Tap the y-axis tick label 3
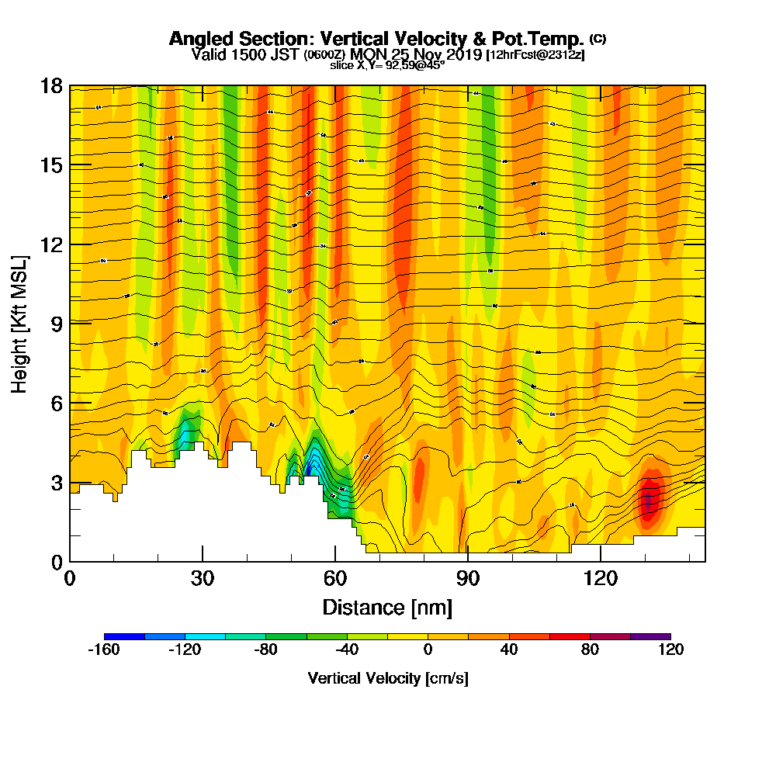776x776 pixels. click(x=57, y=482)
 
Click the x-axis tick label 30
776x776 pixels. click(x=203, y=578)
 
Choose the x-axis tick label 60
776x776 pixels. click(x=334, y=578)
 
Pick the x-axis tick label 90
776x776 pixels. click(x=467, y=578)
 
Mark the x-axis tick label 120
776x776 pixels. click(x=600, y=578)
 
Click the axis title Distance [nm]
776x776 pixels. click(x=387, y=606)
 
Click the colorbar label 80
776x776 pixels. click(x=590, y=650)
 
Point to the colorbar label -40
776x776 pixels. click(x=347, y=650)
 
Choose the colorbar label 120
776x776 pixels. click(x=670, y=650)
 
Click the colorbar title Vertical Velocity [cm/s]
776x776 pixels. click(x=387, y=678)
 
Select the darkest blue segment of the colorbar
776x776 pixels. click(x=124, y=636)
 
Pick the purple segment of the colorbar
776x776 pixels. click(x=650, y=636)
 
